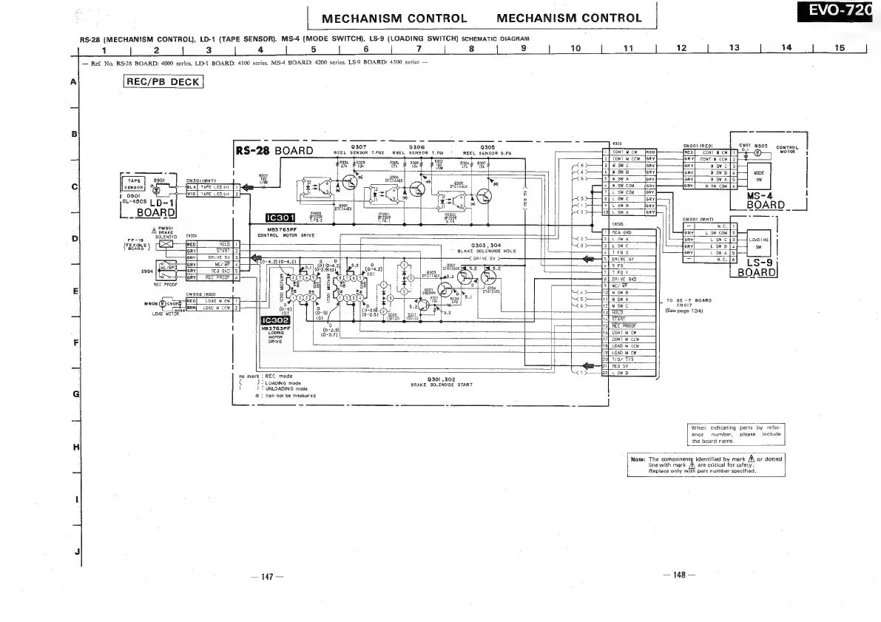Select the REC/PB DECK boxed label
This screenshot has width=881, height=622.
point(163,82)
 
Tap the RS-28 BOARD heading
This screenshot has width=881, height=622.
point(274,151)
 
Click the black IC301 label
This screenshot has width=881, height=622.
point(284,217)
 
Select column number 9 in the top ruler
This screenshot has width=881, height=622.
point(524,49)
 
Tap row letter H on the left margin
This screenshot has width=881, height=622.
point(75,447)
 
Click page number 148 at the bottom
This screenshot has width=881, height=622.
point(676,576)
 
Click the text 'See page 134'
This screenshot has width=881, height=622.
point(683,310)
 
